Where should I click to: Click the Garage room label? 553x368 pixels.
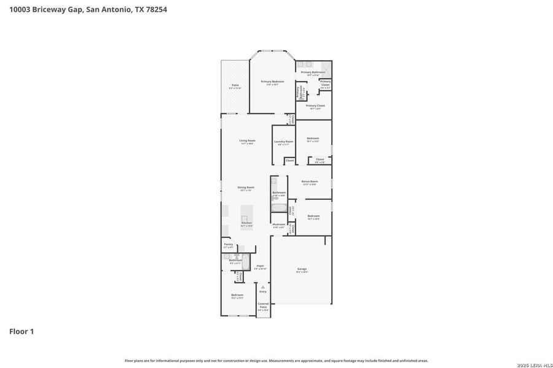pos(302,269)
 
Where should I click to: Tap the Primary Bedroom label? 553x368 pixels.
pos(272,82)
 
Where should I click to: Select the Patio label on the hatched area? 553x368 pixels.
pos(235,86)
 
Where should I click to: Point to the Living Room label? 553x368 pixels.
pos(247,142)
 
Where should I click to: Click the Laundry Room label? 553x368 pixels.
pos(283,142)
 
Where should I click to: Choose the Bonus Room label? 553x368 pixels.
pos(309,182)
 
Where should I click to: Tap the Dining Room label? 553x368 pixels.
pos(246,188)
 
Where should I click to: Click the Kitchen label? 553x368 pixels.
pos(246,224)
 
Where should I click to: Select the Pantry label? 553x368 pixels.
pos(228,245)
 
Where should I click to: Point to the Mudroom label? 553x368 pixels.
pos(278,225)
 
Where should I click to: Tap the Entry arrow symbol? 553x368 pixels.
pos(263,286)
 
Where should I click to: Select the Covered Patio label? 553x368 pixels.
pos(263,306)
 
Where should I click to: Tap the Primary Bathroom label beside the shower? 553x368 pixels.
pos(313,73)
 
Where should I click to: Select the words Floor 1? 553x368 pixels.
pos(22,331)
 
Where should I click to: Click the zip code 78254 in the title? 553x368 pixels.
pos(154,10)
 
